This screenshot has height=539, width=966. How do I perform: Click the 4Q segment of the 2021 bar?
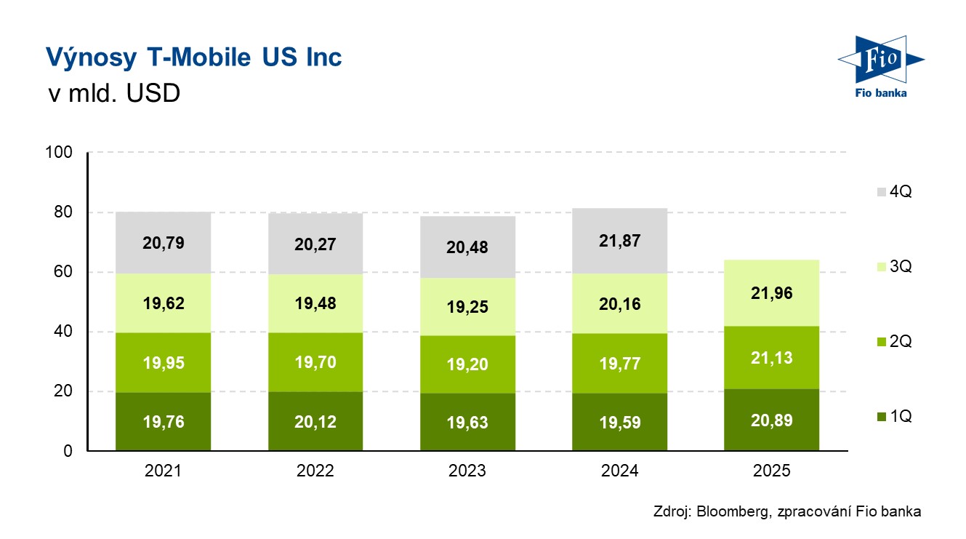pos(163,243)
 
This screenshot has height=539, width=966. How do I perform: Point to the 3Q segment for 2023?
pos(467,306)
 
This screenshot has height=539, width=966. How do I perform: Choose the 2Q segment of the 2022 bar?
pos(315,362)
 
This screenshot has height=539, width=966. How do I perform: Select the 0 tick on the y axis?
pos(68,452)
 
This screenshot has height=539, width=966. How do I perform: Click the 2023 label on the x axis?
pos(467,471)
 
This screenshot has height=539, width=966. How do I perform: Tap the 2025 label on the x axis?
pos(771,471)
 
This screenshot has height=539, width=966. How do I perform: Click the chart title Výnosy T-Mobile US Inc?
pos(193,57)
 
